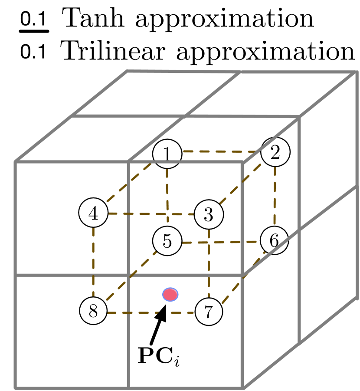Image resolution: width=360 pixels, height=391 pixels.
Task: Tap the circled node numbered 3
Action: pos(209,214)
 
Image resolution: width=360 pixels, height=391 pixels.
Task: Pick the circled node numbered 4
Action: pos(93,213)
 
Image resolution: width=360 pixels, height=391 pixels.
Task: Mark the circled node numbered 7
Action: pos(209,311)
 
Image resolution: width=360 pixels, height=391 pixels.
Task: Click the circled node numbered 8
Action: pos(93,310)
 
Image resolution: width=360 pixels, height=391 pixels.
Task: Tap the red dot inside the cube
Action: pos(170,295)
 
